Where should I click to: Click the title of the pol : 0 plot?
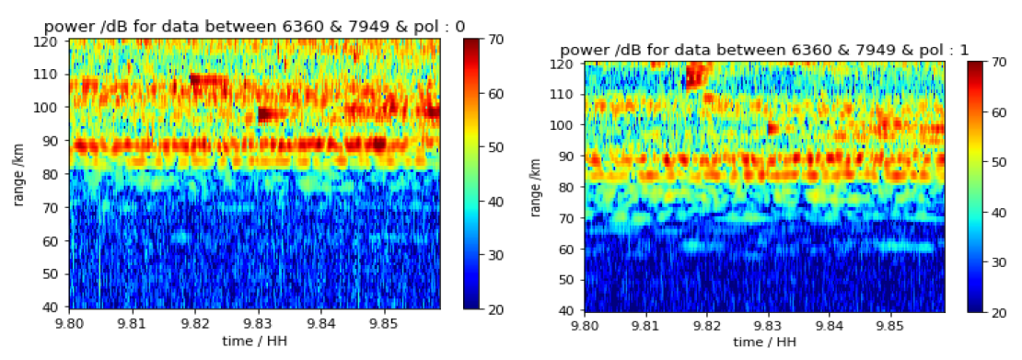pos(241,26)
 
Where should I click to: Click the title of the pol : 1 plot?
pos(764,49)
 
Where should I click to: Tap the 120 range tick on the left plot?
pos(53,41)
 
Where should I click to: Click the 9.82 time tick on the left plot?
pos(195,323)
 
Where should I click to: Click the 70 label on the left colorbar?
pos(495,41)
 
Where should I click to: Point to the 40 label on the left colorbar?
pos(495,202)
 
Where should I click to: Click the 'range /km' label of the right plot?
pos(535,187)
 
